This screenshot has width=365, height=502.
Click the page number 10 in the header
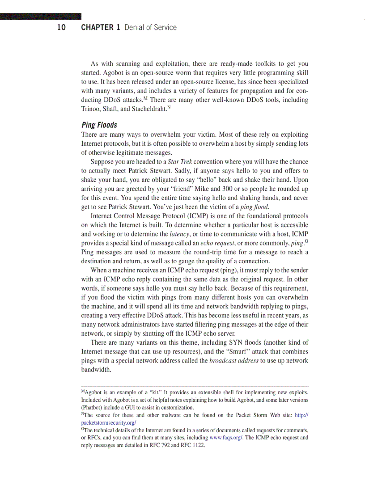click(61, 28)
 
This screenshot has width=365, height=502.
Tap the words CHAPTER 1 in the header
click(101, 28)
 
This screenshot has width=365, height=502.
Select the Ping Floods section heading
click(99, 125)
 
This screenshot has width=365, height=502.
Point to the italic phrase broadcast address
click(233, 361)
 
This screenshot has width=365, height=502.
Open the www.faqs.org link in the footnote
click(226, 438)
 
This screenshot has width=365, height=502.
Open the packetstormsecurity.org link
click(109, 423)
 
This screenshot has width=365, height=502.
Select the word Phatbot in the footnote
click(93, 408)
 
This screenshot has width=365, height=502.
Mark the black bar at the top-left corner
click(41, 17)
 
